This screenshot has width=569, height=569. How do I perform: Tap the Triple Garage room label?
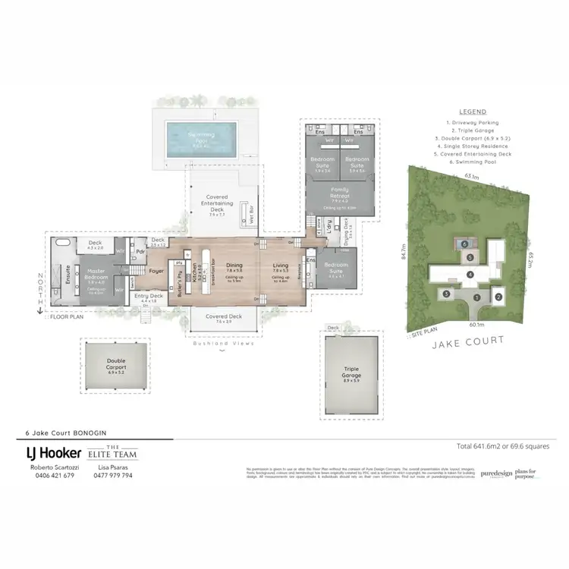click(x=351, y=373)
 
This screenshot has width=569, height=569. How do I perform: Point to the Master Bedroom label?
click(x=96, y=275)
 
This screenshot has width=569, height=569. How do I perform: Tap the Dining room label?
click(x=234, y=266)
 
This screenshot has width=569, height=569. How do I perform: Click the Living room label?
click(x=281, y=266)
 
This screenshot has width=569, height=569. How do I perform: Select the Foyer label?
click(x=156, y=271)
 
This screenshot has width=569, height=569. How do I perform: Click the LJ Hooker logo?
click(x=54, y=453)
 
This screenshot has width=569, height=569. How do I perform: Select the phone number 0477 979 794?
click(x=112, y=476)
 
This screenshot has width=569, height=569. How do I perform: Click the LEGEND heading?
click(x=473, y=112)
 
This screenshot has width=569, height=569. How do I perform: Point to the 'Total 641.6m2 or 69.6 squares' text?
click(x=501, y=446)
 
